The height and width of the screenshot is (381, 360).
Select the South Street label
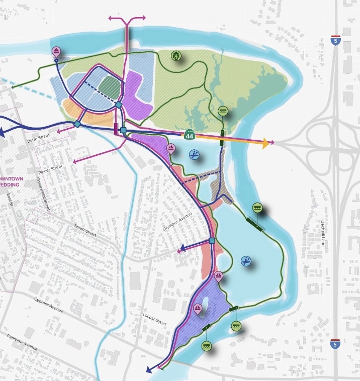(84, 231)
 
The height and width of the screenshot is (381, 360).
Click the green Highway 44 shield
(189, 135)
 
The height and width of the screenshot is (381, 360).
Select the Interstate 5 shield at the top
(335, 40)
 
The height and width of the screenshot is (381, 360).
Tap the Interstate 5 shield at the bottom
(335, 344)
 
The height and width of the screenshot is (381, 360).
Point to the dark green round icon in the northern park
(175, 56)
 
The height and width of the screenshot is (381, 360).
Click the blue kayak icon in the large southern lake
(246, 261)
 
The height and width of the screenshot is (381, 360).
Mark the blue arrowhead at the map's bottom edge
(149, 370)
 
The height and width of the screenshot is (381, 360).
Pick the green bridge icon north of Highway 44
(223, 111)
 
